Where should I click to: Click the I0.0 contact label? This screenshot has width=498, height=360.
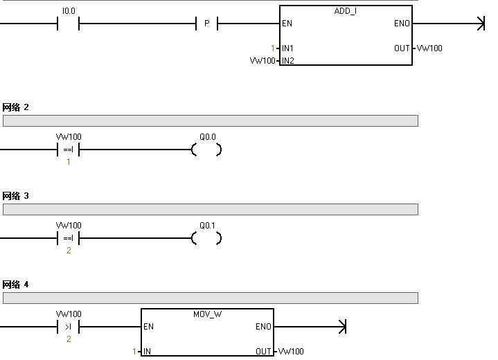(x=69, y=11)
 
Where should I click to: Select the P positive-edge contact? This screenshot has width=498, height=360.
(x=206, y=24)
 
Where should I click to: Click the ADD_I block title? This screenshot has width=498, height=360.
(x=345, y=12)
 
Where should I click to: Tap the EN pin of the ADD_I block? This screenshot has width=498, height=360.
(x=287, y=24)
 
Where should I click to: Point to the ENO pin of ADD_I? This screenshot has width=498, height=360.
(x=402, y=24)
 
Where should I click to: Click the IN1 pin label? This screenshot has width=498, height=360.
(x=287, y=48)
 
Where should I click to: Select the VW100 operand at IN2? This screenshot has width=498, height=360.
(x=263, y=61)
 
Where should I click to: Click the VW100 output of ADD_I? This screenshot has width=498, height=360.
(x=429, y=48)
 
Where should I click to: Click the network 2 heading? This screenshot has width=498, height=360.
(x=16, y=107)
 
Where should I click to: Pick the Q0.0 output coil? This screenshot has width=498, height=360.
(x=206, y=150)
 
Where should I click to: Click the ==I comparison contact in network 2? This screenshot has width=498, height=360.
(x=68, y=150)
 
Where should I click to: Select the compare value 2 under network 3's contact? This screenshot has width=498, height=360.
(x=69, y=251)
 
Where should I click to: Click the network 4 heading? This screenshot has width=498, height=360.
(x=16, y=285)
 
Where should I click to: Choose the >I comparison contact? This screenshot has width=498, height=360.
(x=68, y=327)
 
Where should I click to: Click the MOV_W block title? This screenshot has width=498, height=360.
(x=206, y=314)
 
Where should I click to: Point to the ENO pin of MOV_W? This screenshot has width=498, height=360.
(x=263, y=327)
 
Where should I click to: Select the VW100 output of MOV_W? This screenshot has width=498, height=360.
(x=291, y=352)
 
